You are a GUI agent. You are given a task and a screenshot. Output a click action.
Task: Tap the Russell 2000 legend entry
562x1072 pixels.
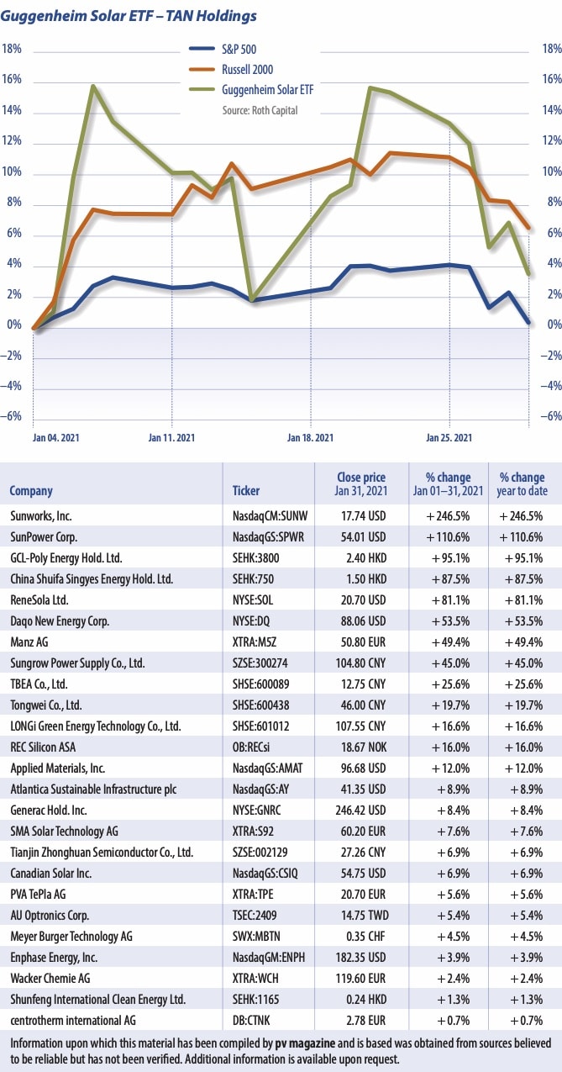249,70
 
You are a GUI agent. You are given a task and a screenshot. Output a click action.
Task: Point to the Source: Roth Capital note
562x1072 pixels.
260,109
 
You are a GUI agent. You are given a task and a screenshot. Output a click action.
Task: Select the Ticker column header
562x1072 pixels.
246,491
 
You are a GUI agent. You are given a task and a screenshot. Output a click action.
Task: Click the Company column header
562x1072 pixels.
31,491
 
